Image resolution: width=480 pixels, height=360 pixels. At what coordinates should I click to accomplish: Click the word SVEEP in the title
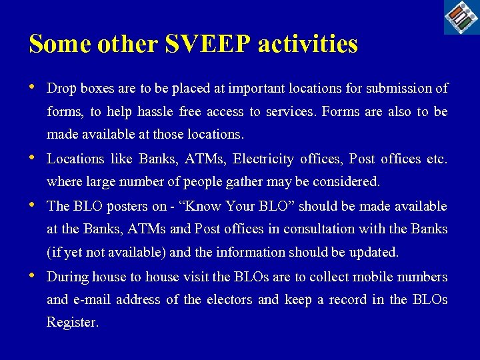[x=207, y=44]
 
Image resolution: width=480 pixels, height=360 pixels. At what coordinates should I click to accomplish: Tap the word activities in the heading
[x=307, y=44]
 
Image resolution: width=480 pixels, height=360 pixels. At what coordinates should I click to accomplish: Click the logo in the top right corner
[x=461, y=17]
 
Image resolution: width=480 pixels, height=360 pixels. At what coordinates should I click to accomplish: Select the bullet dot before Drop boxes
[x=33, y=87]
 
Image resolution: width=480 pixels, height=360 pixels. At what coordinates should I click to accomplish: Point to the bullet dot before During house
[x=33, y=276]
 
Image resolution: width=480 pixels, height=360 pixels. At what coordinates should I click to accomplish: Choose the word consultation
[x=318, y=229]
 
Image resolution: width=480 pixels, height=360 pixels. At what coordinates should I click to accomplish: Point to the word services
[x=290, y=112]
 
